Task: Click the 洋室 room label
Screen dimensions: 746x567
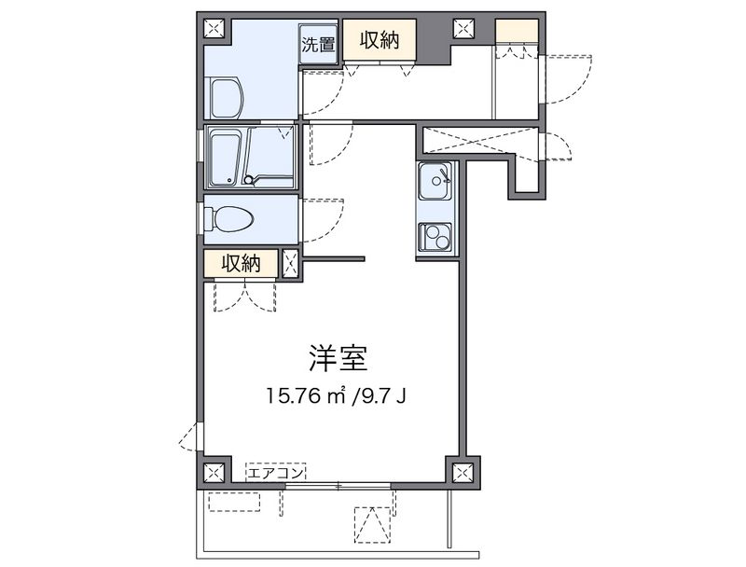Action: coord(338,358)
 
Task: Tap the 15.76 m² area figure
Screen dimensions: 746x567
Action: coord(306,395)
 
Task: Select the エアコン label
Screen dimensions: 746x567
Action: coord(276,473)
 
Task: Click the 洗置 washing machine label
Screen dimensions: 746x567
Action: coord(318,44)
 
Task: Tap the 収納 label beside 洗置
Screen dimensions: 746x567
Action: coord(380,40)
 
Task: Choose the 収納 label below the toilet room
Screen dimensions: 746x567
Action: coord(242,264)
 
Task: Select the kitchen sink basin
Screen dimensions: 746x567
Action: coord(435,181)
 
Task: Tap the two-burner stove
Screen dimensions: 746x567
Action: coord(435,237)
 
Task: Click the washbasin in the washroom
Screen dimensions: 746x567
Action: coord(227,97)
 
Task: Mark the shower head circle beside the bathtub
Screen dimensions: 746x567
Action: coord(248,180)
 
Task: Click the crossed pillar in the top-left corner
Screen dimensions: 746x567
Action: coord(214,29)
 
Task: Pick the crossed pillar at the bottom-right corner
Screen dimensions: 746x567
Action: coord(461,473)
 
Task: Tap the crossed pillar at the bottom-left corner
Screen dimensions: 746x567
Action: coord(214,473)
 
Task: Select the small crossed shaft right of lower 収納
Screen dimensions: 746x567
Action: coord(290,263)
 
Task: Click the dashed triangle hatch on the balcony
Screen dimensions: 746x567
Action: coord(372,525)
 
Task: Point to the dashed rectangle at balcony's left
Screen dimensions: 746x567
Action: coord(235,502)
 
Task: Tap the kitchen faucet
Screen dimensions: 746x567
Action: coord(445,175)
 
